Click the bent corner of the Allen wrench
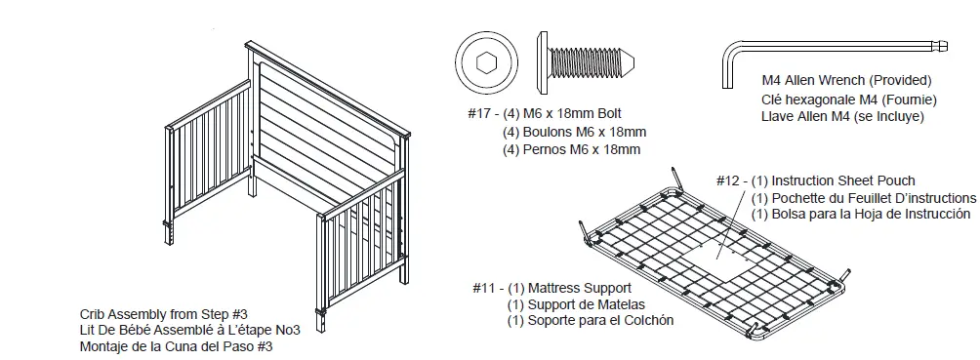tap(729, 46)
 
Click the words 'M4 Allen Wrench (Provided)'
tap(846, 81)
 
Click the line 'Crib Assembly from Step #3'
tap(164, 314)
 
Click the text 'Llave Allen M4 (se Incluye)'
tap(842, 116)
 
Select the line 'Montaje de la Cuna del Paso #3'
tap(177, 346)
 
